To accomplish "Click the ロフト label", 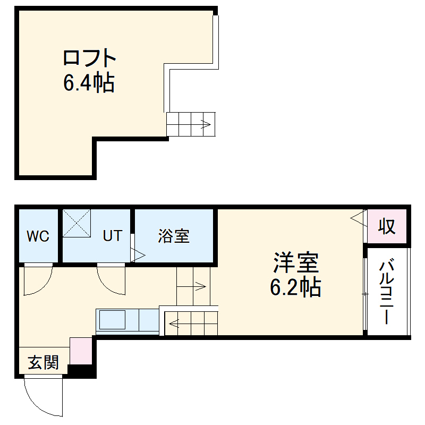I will pyautogui.click(x=89, y=57).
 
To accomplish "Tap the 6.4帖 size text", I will pyautogui.click(x=89, y=82).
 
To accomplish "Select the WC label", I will pyautogui.click(x=38, y=236).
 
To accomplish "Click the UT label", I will pyautogui.click(x=112, y=236).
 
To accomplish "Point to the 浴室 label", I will pyautogui.click(x=174, y=236).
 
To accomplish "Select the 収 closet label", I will pyautogui.click(x=387, y=226).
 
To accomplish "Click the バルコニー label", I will pyautogui.click(x=388, y=291).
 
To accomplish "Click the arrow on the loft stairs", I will pyautogui.click(x=205, y=125).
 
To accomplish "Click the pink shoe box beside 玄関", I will pyautogui.click(x=81, y=351).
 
